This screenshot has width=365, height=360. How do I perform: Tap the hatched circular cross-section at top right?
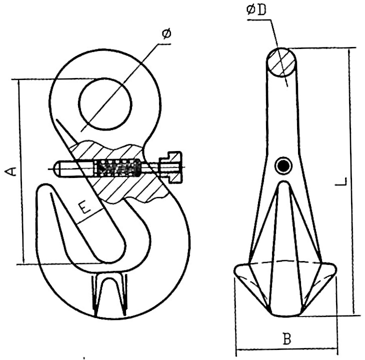tap(281, 62)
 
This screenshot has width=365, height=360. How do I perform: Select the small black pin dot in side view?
tap(283, 166)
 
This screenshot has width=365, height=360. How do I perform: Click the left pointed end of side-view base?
tap(235, 272)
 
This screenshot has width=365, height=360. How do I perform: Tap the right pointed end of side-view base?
tap(335, 270)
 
